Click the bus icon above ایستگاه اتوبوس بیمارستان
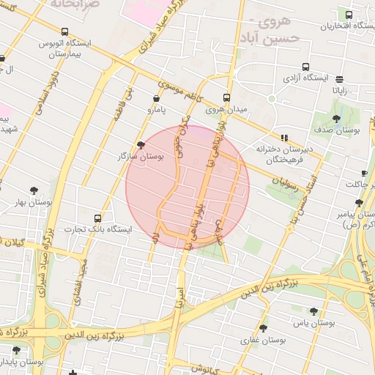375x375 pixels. [66, 32]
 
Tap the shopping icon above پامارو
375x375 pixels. [155, 99]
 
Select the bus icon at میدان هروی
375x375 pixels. [226, 97]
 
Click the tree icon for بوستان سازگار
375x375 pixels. [141, 145]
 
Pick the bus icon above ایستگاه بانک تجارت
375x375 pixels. [98, 218]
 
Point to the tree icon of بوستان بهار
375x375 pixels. [34, 190]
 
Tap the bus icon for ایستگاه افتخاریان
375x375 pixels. [349, 15]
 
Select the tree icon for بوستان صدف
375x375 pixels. [336, 119]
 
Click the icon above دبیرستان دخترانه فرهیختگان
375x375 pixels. [284, 137]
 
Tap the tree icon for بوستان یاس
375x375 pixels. [313, 311]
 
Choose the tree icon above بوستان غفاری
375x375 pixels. [263, 328]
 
